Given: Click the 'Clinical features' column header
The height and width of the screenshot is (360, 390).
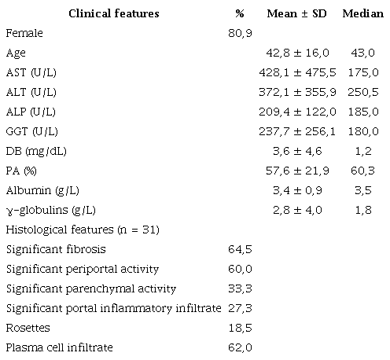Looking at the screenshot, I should pyautogui.click(x=113, y=14).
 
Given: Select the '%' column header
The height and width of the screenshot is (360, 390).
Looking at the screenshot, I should pyautogui.click(x=240, y=14).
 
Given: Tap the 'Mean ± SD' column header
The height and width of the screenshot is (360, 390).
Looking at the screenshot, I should pyautogui.click(x=302, y=14).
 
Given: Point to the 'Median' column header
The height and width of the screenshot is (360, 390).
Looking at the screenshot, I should pyautogui.click(x=362, y=14).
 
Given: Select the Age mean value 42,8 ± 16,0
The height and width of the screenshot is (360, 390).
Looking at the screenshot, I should pyautogui.click(x=302, y=53).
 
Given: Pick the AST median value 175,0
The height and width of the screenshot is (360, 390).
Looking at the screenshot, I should pyautogui.click(x=362, y=73).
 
